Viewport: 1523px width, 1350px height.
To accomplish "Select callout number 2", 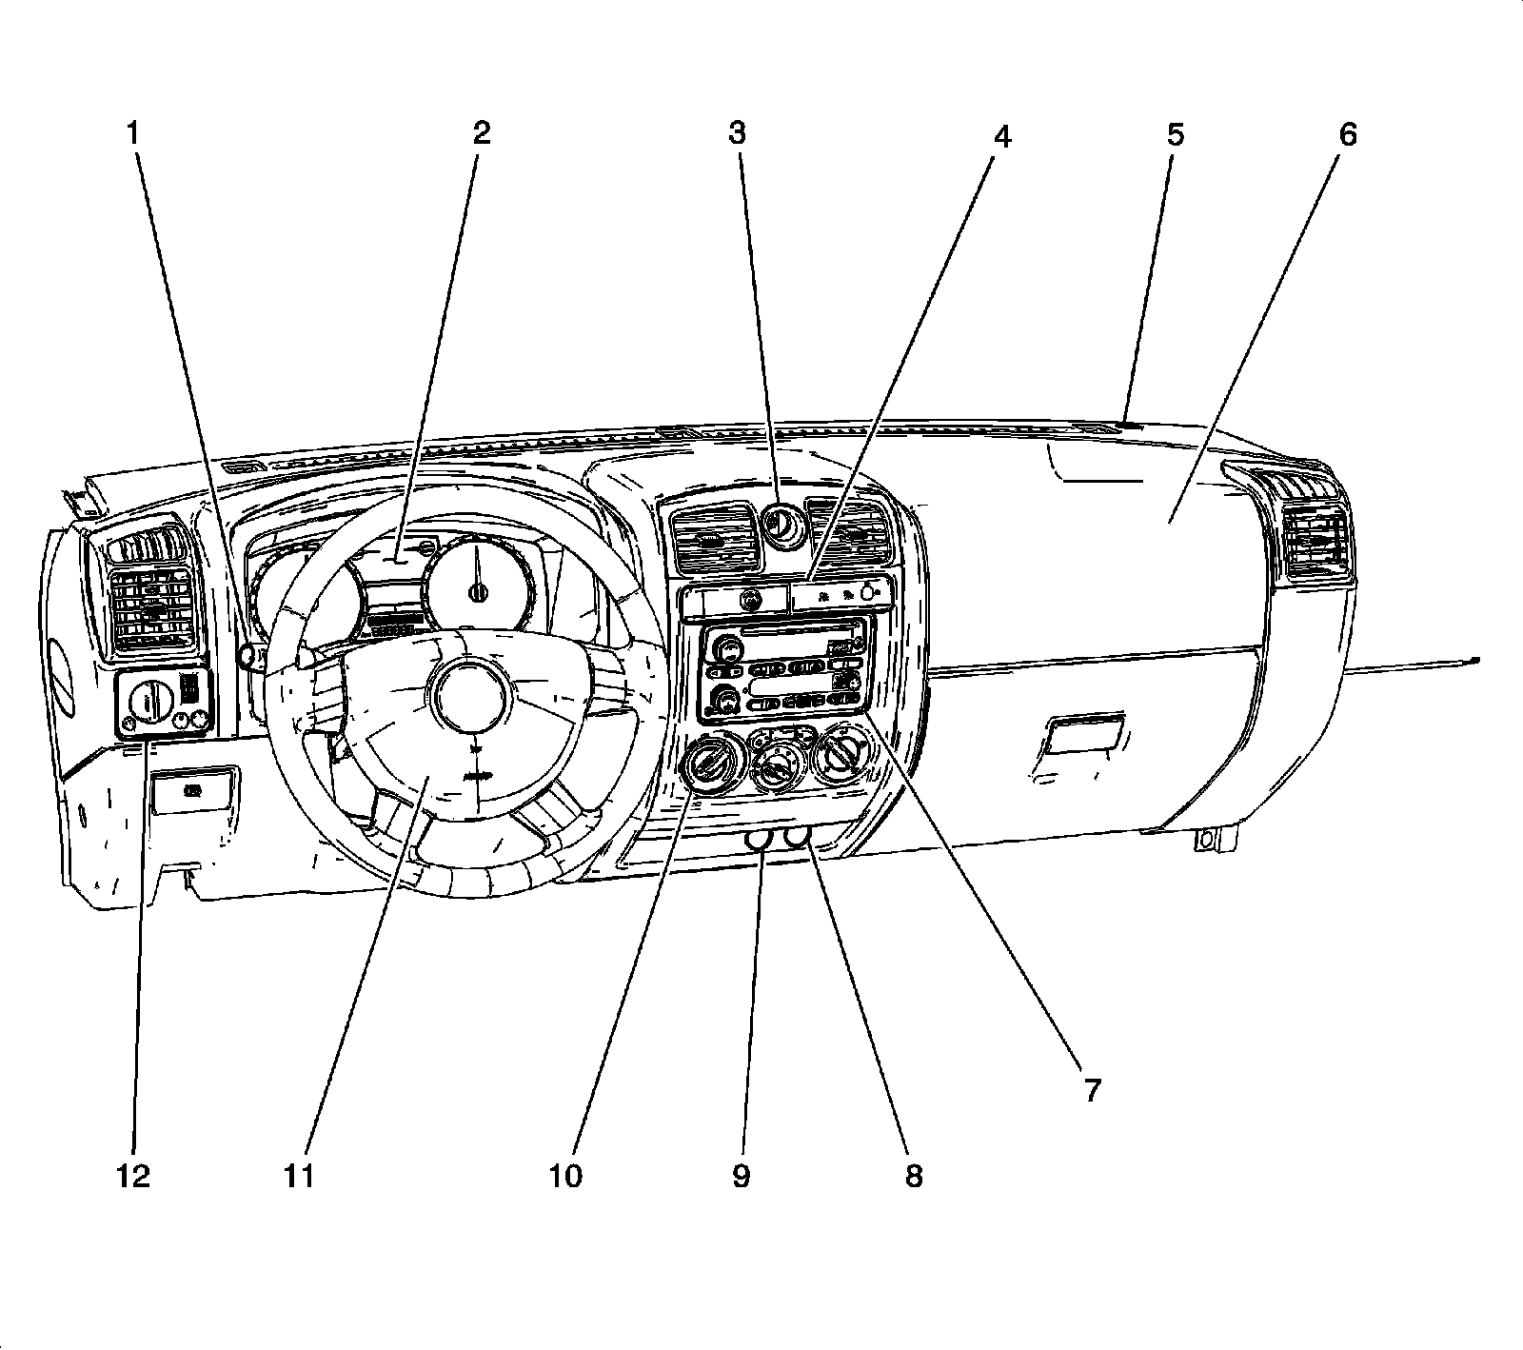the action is (x=482, y=133).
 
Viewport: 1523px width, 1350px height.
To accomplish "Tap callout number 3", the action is (x=738, y=133).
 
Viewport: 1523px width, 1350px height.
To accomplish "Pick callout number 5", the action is (x=1176, y=134).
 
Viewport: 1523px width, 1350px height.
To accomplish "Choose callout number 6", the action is (x=1347, y=134).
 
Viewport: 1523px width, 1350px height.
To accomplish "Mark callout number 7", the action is (x=1091, y=1090).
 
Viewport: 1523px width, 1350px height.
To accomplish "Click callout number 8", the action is (x=913, y=1177).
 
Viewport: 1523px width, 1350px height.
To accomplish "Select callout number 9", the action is (x=741, y=1177).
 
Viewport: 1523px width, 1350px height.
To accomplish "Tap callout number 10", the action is (x=564, y=1177).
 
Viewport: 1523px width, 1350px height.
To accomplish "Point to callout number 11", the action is (x=299, y=1177).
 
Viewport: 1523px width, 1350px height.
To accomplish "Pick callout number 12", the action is (x=134, y=1177).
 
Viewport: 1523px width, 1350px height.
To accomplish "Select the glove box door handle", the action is (x=1084, y=736).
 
